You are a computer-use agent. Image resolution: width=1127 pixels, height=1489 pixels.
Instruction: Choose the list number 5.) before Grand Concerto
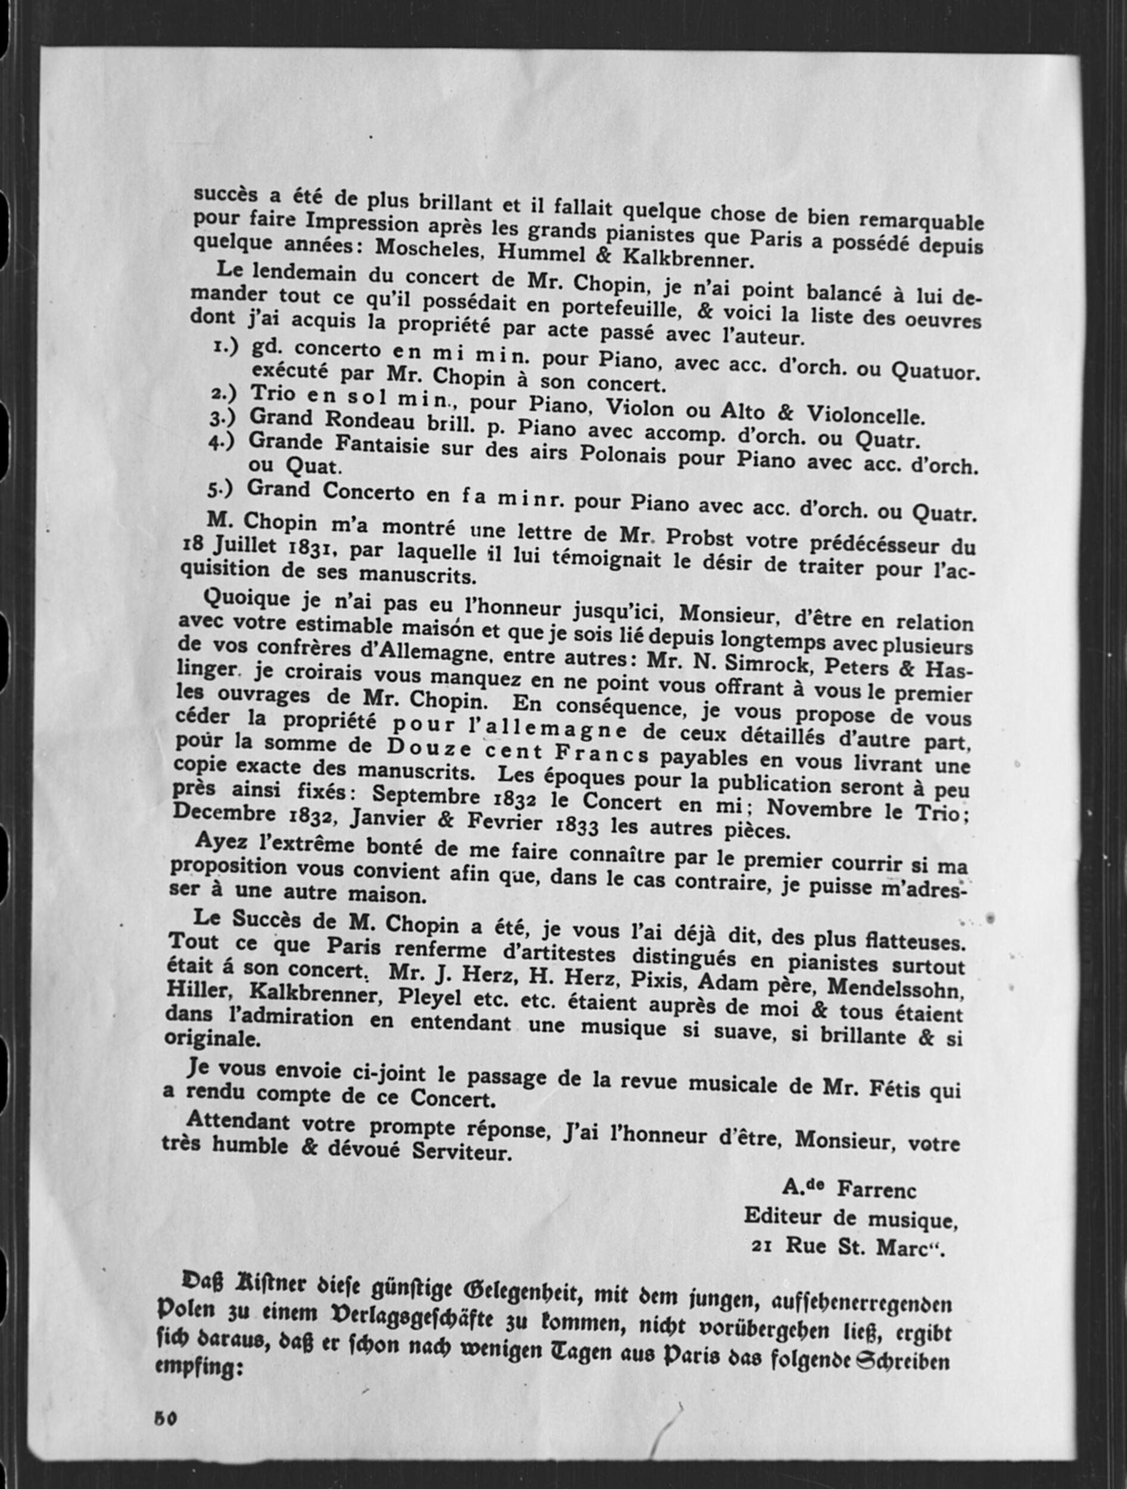pos(219,490)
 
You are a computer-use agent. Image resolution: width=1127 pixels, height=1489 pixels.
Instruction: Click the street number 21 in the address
pos(761,1245)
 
